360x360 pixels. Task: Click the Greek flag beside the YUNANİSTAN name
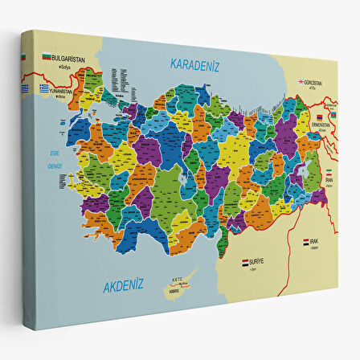click(46, 89)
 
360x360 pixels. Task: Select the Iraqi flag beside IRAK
click(306, 242)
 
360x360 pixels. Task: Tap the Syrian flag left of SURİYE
click(245, 262)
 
